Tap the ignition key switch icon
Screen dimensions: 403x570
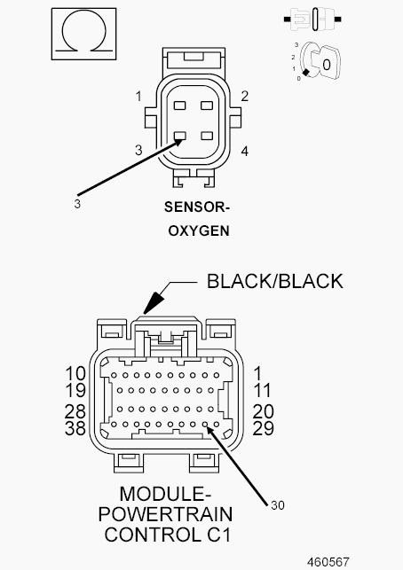pos(320,61)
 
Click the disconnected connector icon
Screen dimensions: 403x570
pos(312,19)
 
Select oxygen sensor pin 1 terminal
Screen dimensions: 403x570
pos(180,105)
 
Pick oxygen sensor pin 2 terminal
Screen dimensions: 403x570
pos(207,105)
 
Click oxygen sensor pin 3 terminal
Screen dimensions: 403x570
pos(180,136)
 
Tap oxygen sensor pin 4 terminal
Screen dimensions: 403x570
pos(207,136)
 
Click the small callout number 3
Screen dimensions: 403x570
pos(77,204)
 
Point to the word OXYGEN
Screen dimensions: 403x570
pos(199,230)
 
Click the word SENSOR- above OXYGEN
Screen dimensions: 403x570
pos(197,207)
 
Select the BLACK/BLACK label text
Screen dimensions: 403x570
pos(275,281)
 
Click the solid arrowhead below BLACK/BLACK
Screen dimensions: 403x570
pos(153,302)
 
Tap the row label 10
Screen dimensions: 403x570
pos(75,374)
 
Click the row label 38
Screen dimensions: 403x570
pos(75,428)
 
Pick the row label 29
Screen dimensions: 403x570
pos(264,428)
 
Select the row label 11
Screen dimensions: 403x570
pos(263,391)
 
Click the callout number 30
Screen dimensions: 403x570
pos(278,505)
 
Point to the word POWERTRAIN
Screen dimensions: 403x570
pos(165,514)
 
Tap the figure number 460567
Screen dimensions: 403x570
pos(328,562)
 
